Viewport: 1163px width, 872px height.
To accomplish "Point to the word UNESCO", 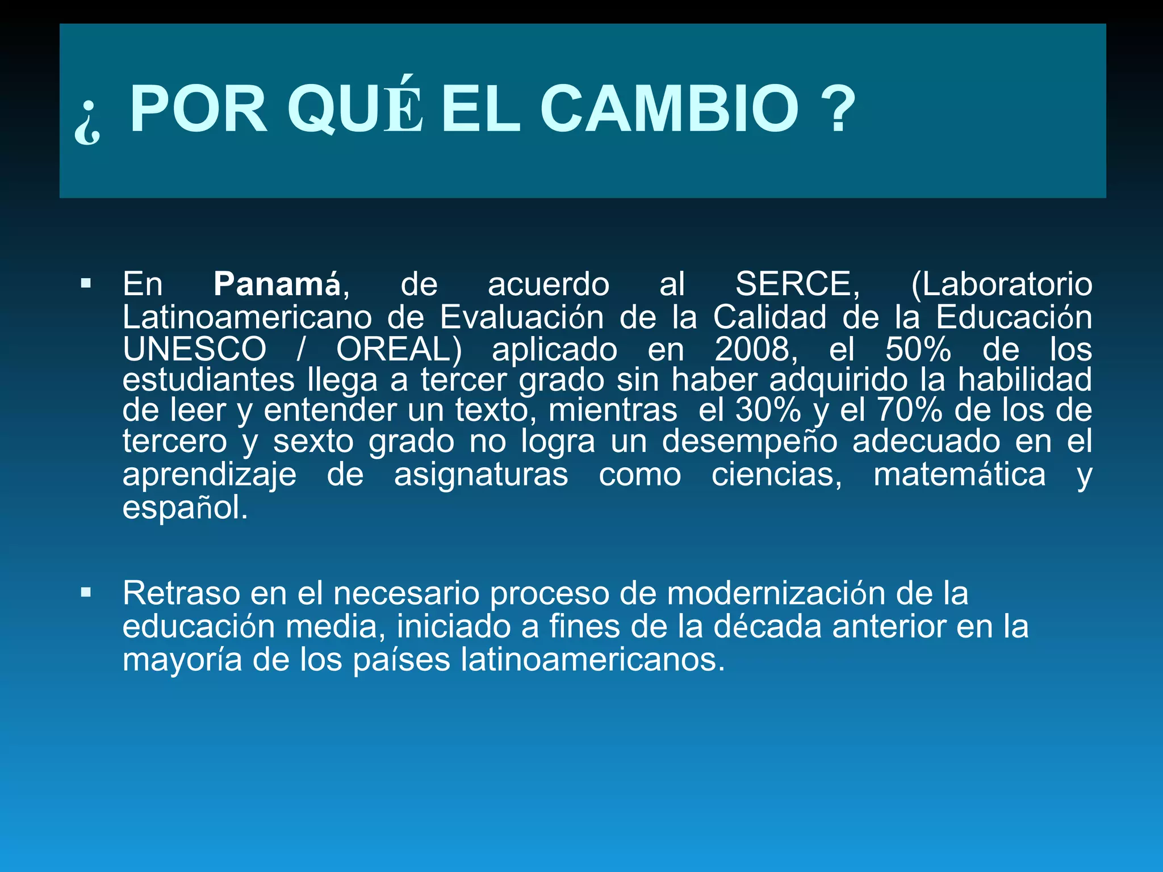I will pos(194,349).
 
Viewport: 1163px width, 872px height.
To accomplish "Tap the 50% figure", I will pos(918,349).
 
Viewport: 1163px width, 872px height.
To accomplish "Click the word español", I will pos(185,508).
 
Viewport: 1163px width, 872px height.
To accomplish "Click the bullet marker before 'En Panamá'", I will pos(86,283).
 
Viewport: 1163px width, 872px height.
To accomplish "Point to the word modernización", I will pos(776,593).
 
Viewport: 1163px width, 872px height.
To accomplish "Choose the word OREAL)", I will pos(399,349).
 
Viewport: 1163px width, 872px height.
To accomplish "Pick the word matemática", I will pos(959,475).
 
